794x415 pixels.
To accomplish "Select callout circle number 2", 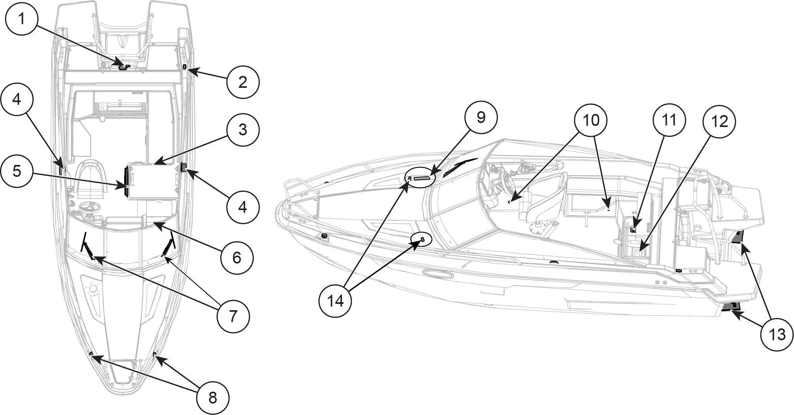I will tap(243, 82).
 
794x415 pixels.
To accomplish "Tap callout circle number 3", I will tap(243, 129).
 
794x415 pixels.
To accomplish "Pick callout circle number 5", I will tap(16, 171).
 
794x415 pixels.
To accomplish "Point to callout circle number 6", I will tap(236, 258).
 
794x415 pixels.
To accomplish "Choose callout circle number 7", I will tap(233, 316).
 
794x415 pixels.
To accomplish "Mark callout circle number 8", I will tap(213, 398).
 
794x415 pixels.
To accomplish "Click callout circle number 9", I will tap(481, 117).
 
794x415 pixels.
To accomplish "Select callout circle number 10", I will tap(591, 120).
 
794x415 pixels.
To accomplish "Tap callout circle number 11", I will tap(669, 120).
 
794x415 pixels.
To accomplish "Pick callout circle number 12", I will tap(719, 121).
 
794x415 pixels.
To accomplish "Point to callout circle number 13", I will tap(777, 335).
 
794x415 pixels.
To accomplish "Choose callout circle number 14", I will tap(336, 301).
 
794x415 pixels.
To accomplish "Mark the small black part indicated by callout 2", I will tap(185, 66).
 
